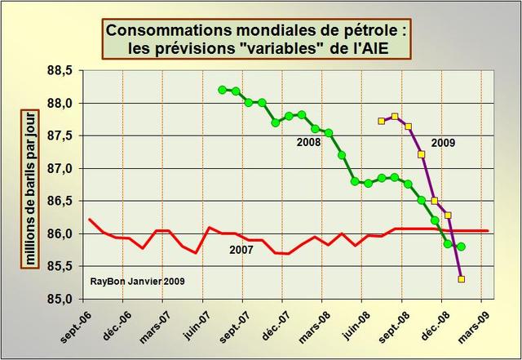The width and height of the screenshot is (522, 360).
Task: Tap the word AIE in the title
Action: pyautogui.click(x=392, y=48)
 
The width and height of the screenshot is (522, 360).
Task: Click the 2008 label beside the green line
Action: pyautogui.click(x=308, y=142)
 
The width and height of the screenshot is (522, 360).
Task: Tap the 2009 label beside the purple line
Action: pyautogui.click(x=443, y=142)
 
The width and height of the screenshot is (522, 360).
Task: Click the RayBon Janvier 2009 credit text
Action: pyautogui.click(x=138, y=282)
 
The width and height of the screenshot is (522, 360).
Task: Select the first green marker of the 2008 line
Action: pyautogui.click(x=223, y=90)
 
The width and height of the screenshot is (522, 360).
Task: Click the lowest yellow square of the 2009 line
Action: pyautogui.click(x=462, y=279)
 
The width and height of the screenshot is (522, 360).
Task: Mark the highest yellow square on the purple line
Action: pyautogui.click(x=396, y=117)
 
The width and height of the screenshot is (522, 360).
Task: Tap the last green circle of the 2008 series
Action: pyautogui.click(x=462, y=247)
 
